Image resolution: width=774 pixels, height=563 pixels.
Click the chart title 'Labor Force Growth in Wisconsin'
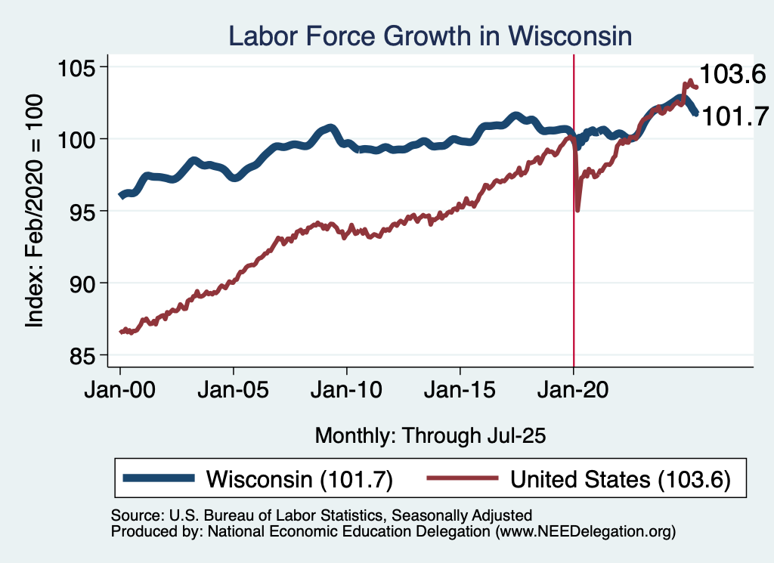pos(430,36)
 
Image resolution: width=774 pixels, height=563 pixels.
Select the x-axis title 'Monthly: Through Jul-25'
pos(430,435)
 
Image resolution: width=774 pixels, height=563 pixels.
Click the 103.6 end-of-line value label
pos(732,74)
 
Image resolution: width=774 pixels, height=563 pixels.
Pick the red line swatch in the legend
pos(463,478)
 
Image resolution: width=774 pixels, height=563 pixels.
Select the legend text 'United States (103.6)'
pos(621,479)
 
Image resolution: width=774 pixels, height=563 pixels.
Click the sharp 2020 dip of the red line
pos(578,209)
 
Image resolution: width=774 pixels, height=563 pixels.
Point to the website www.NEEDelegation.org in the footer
pos(584,532)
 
